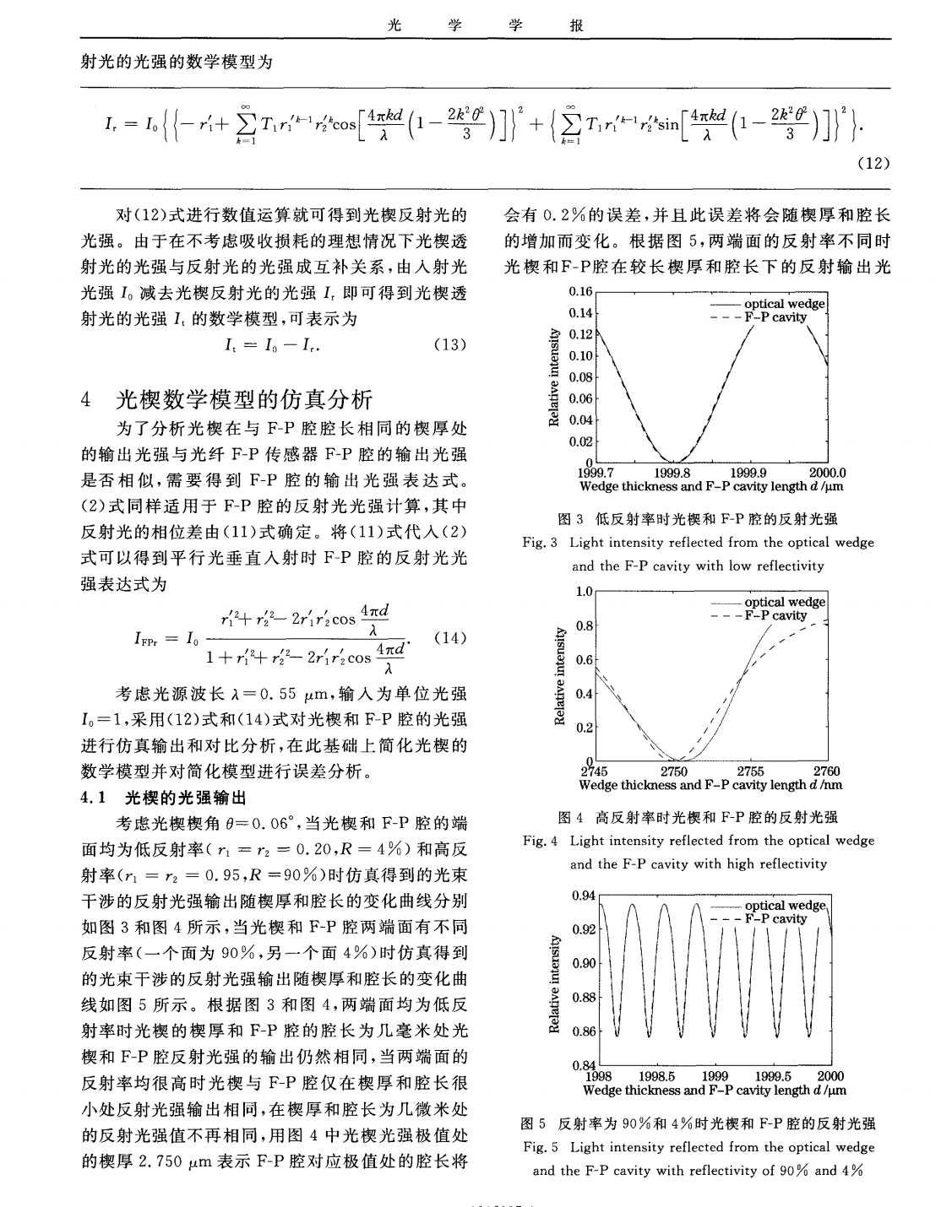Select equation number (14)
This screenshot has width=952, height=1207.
(x=449, y=638)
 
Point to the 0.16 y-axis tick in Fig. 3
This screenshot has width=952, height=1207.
(x=580, y=291)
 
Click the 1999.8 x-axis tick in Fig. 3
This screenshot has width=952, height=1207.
(x=673, y=474)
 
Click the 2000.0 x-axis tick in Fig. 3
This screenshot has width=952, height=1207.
(x=827, y=474)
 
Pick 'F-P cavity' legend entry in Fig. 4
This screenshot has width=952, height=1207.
(x=775, y=615)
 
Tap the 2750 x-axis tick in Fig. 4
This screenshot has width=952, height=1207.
(x=673, y=771)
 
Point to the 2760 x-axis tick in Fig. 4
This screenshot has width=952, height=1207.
(x=826, y=771)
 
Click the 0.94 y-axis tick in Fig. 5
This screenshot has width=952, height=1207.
(x=582, y=895)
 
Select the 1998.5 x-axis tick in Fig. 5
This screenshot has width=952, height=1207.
(x=657, y=1076)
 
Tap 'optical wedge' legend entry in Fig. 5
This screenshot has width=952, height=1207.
(x=785, y=906)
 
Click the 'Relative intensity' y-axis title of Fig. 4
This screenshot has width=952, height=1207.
(x=558, y=676)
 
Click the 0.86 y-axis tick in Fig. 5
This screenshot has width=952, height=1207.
(x=582, y=1031)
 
